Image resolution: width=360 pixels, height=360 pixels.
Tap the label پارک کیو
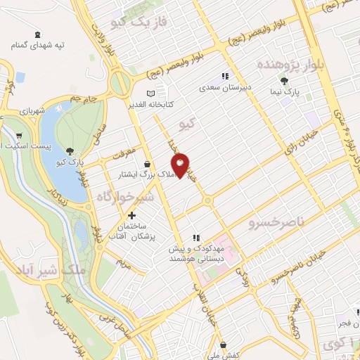coord(70,162)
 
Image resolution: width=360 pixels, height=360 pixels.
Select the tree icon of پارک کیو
coord(70,150)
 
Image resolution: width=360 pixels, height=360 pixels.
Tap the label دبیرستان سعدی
coord(225,89)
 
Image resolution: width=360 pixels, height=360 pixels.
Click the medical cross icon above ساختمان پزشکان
coord(131,214)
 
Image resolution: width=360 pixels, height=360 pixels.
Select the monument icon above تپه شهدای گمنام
coord(37,34)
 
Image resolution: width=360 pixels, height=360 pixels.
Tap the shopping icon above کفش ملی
coord(223,345)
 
